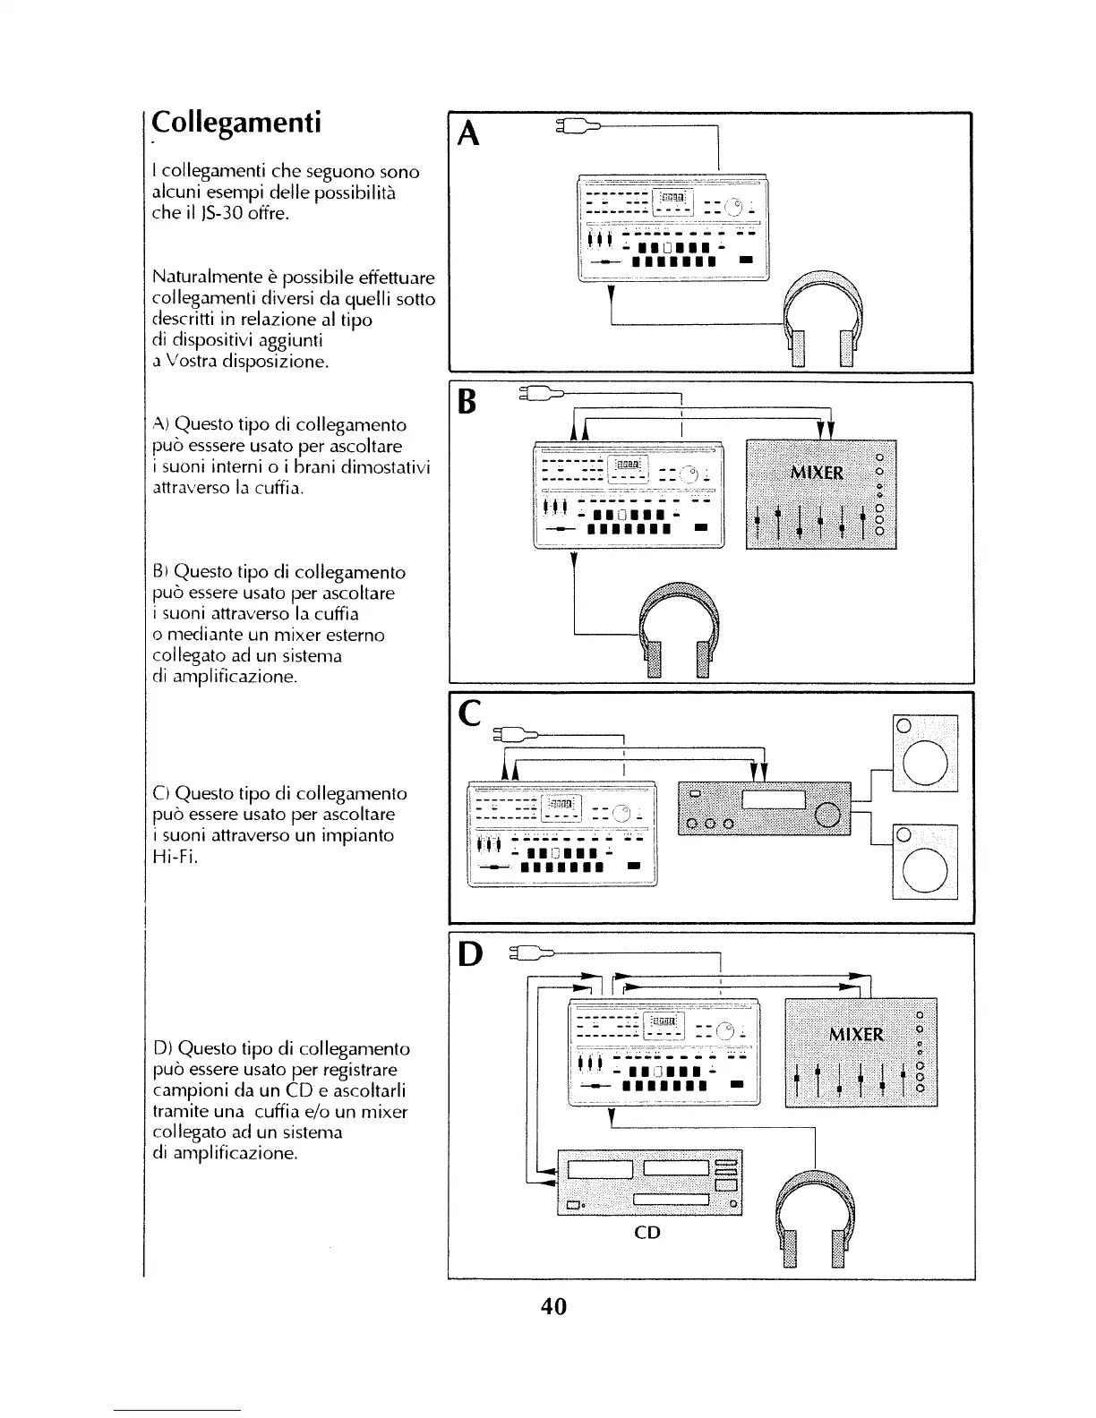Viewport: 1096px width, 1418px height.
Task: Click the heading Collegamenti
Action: pos(235,122)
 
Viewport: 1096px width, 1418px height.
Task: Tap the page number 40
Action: pos(554,1306)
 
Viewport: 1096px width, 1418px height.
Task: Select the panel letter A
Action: pos(468,134)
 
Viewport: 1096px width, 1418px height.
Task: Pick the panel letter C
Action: pos(468,713)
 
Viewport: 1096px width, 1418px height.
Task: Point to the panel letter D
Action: pos(470,954)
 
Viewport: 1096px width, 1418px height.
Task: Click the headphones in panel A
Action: pos(821,318)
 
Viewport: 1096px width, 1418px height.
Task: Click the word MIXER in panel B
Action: pos(816,471)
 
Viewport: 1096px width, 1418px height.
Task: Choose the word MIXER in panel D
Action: pos(856,1035)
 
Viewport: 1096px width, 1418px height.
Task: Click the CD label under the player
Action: pos(646,1233)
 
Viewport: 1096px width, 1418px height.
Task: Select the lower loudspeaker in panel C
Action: pos(925,861)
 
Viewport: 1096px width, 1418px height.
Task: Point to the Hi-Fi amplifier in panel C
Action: pos(765,807)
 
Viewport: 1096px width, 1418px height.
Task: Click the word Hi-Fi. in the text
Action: pos(170,856)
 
